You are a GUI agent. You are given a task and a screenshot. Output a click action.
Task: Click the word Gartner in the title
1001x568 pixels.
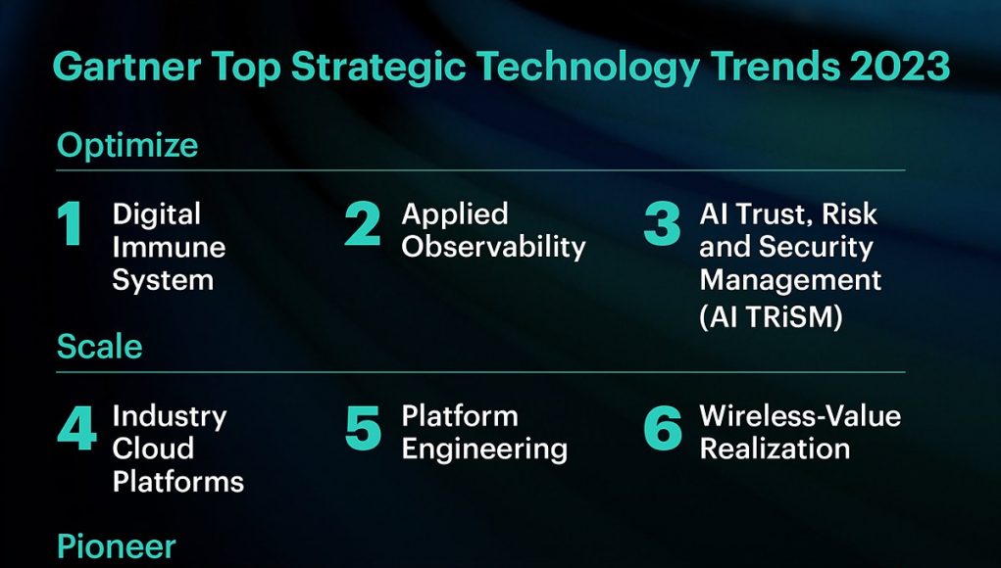pos(126,67)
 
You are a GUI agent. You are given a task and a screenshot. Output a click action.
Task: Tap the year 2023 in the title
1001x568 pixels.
pos(899,67)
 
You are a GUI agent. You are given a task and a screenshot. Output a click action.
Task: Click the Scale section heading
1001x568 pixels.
pos(99,347)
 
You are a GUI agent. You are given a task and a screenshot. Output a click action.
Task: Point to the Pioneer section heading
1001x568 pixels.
pos(116,547)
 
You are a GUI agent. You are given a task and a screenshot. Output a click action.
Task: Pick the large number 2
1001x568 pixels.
pos(362,223)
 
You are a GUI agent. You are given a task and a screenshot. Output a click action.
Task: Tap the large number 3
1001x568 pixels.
pos(662,223)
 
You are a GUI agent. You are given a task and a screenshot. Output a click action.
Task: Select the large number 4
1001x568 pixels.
pos(76,427)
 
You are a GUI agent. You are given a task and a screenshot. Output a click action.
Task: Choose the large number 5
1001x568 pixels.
pos(363,427)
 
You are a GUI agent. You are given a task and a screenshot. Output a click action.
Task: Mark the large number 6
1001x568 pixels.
pos(662,427)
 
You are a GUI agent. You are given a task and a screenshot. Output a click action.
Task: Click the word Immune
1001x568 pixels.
pos(169,248)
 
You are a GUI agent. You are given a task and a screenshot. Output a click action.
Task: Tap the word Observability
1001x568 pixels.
pos(493,248)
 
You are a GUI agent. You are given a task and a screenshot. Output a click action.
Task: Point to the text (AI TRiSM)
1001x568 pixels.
pos(771,316)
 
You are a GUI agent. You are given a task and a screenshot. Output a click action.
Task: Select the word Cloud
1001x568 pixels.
pos(153,449)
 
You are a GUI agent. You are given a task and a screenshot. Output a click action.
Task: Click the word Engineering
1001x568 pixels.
pos(484,450)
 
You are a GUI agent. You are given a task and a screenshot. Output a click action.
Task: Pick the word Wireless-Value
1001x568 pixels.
pos(800,416)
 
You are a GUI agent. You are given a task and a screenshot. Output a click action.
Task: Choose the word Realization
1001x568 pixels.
pos(775,449)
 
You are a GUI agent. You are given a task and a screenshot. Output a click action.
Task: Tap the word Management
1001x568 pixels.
pos(790,281)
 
